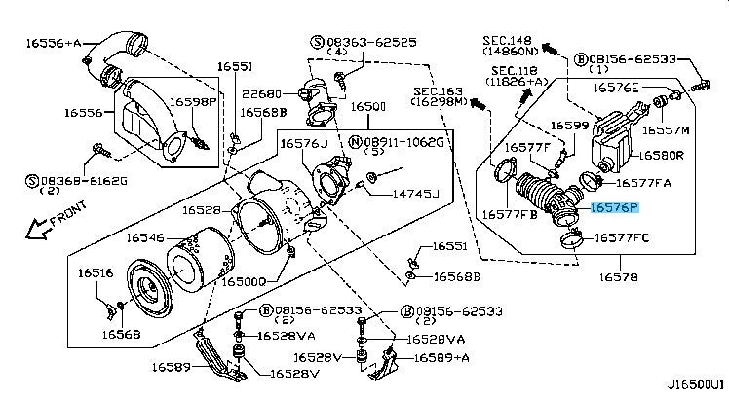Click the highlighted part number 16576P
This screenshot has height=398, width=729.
click(613, 208)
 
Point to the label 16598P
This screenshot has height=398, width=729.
click(195, 101)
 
